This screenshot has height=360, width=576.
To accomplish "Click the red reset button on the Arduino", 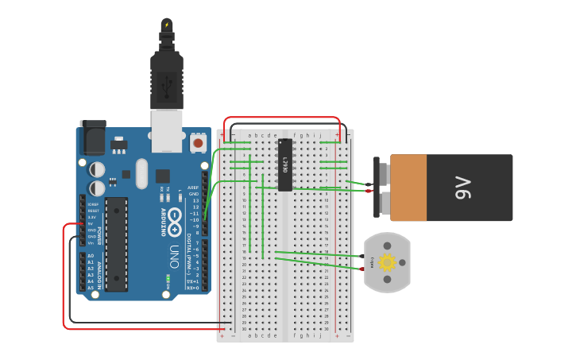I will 198,143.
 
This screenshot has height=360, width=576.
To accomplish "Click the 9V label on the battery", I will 463,188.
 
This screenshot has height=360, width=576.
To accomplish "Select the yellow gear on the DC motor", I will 387,262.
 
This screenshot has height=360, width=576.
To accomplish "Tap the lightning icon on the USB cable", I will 167,25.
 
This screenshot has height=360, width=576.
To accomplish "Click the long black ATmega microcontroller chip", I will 116,244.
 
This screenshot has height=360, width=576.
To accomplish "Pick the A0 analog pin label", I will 91,256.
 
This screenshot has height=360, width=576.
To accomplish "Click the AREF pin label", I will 193,188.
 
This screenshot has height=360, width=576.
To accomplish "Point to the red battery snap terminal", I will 369,191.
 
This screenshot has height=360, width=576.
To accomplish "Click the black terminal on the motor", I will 362,257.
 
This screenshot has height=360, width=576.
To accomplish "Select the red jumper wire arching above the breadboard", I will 282,118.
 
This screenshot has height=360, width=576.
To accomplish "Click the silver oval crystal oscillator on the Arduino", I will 142,173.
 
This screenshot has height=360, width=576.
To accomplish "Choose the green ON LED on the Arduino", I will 168,279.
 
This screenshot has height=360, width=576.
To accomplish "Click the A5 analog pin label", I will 91,288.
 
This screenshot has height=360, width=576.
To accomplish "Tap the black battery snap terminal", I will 369,184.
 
